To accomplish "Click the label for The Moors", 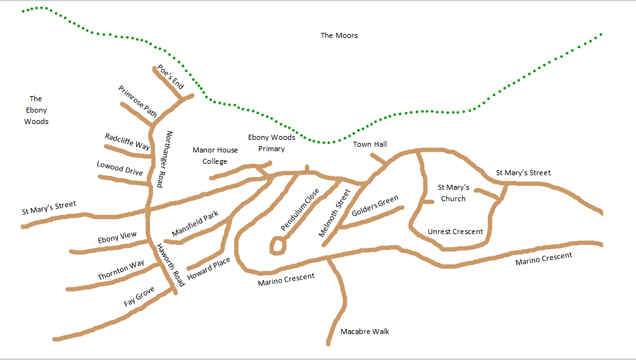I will click(339, 35).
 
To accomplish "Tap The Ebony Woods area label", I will click(36, 109).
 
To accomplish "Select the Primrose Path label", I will click(138, 102).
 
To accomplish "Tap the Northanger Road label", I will click(165, 159).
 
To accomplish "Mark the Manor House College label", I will click(215, 156).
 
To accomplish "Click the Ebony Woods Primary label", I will click(271, 143).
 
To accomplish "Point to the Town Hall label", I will click(370, 144).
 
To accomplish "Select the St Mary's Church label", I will click(453, 193).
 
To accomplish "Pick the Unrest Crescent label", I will click(455, 232).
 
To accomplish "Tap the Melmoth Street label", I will click(334, 213).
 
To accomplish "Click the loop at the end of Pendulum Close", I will click(277, 245).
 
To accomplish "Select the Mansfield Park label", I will click(195, 223).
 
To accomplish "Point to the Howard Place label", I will click(209, 269).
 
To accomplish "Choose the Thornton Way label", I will click(121, 271).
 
